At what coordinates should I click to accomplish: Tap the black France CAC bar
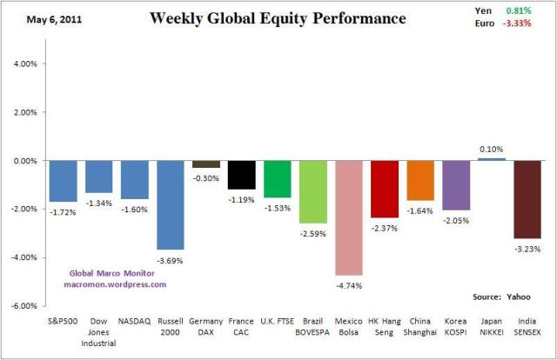click(x=242, y=175)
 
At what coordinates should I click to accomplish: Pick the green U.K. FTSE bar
click(x=278, y=179)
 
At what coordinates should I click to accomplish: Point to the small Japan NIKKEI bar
click(x=491, y=159)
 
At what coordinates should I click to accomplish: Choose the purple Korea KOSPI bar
click(x=455, y=185)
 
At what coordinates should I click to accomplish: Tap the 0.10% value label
click(x=491, y=150)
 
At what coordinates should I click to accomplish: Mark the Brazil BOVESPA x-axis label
click(x=313, y=327)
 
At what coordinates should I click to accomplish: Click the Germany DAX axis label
click(x=206, y=327)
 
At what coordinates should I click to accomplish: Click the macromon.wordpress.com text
click(x=115, y=283)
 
